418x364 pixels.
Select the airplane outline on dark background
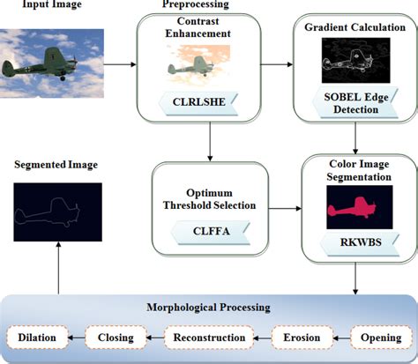tap(57, 211)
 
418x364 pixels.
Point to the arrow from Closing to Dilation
tap(77, 337)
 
